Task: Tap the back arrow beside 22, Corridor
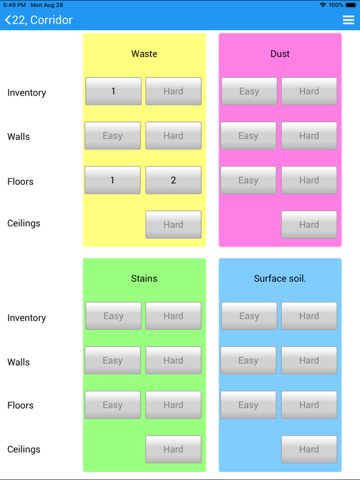coord(7,20)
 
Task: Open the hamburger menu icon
coord(348,20)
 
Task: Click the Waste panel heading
coord(144,54)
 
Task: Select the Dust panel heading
coord(280,54)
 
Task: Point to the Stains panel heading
coord(144,279)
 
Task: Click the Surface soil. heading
coord(280,279)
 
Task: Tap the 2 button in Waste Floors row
coord(173,180)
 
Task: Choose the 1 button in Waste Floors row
coord(112,180)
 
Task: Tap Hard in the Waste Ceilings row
coord(173,224)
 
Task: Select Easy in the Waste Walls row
coord(112,136)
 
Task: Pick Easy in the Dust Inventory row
coord(249,91)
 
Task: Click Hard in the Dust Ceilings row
coord(309,224)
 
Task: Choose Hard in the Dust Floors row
coord(309,180)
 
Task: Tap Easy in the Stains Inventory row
coord(113,316)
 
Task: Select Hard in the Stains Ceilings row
coord(173,449)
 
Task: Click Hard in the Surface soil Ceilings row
coord(309,449)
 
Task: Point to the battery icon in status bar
coord(351,5)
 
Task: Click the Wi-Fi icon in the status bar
coord(322,5)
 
